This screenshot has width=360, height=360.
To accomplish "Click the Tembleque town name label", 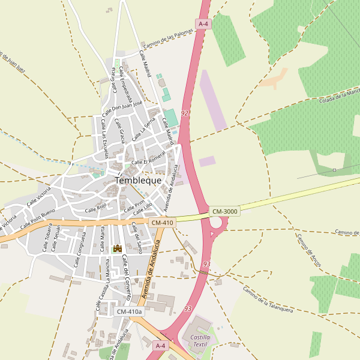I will (137, 180).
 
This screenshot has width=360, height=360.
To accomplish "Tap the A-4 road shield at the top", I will (203, 23).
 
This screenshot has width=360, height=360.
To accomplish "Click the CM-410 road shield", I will (162, 223).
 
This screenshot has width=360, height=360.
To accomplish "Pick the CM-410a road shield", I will (130, 311).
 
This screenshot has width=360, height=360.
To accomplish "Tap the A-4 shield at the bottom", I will (160, 346).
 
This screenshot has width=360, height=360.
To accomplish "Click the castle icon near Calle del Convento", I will (118, 248).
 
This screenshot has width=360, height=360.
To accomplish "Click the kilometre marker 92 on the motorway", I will (184, 113).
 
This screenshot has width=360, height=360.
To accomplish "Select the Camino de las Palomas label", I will (170, 40).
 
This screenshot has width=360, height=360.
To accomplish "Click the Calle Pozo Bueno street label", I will (37, 221).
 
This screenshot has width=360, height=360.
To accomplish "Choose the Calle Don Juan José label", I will (122, 109).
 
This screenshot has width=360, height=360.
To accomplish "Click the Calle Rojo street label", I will (95, 208).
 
